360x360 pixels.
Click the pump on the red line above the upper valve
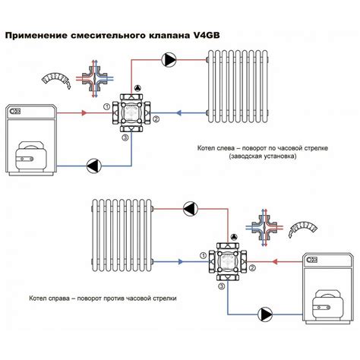169,60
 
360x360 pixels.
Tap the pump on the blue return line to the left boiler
94,166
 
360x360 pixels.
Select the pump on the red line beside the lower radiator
191,209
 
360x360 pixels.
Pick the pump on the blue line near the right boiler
265,314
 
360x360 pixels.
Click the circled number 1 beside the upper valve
106,106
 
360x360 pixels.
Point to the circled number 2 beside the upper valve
156,118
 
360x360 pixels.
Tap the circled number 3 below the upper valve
125,137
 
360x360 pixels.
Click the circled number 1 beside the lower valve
203,256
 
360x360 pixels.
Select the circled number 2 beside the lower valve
252,268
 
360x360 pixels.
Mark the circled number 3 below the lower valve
222,286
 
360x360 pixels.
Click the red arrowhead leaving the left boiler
84,113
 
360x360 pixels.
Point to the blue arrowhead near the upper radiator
178,113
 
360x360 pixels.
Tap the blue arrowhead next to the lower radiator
181,261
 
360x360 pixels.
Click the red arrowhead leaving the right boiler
275,261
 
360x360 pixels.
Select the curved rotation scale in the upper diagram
56,78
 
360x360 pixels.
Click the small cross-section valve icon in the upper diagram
95,78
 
